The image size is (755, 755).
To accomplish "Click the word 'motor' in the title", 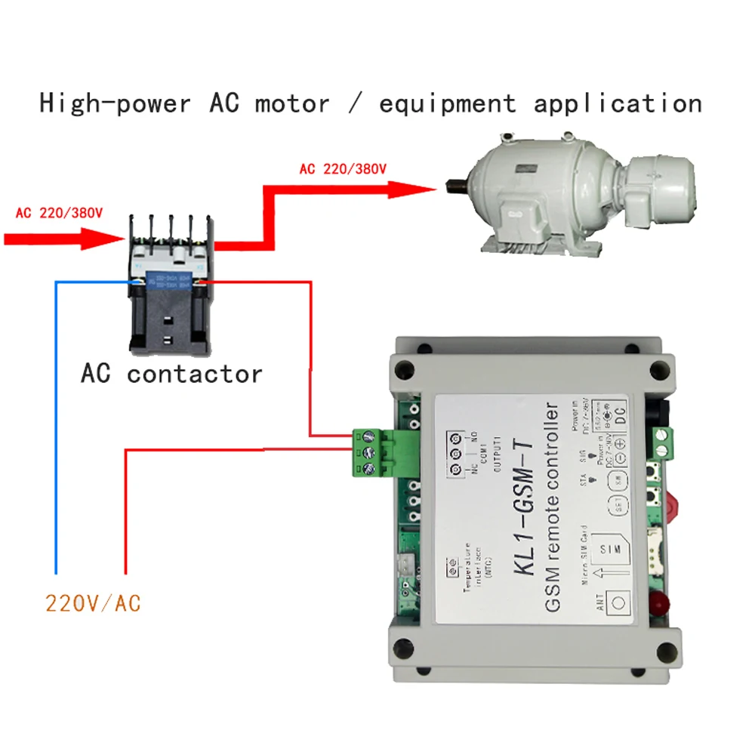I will [292, 103].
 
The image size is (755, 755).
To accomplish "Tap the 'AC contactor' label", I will [171, 374].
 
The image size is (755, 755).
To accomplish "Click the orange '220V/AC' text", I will [93, 603].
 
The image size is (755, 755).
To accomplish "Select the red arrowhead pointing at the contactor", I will [109, 239].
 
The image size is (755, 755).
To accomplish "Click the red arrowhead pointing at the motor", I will [419, 186].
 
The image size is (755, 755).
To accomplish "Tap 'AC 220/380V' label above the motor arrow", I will [343, 169].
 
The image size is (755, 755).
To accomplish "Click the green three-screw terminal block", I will [370, 453].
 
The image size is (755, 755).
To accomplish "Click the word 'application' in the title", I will [618, 103].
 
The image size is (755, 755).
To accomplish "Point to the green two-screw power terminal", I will [662, 442].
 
